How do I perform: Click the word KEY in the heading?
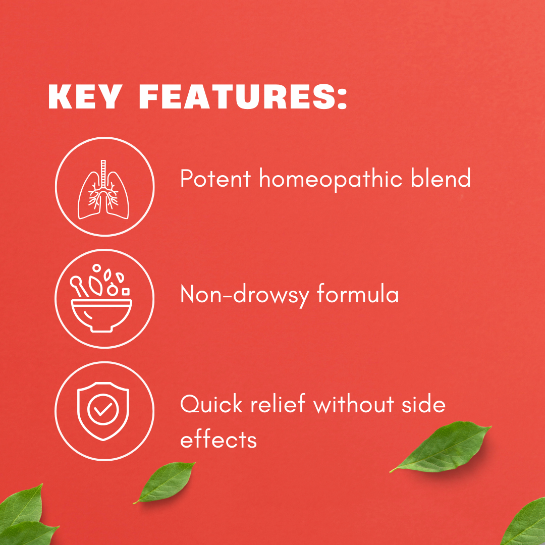click(85, 96)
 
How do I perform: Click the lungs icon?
click(103, 190)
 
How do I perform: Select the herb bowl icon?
click(101, 298)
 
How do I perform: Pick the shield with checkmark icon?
click(103, 411)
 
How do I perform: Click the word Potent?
click(215, 179)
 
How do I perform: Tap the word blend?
click(441, 178)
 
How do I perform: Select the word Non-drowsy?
click(245, 295)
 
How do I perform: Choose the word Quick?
click(211, 404)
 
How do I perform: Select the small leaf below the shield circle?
click(165, 482)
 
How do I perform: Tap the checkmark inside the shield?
click(103, 409)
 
